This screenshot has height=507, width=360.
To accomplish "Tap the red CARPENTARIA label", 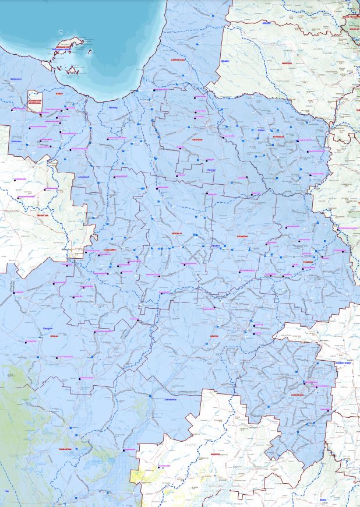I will coord(177,60).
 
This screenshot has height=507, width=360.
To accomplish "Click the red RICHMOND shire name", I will coord(242,236).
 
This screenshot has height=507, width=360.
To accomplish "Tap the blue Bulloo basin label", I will coord(323,499).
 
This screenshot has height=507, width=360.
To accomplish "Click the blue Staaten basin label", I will coord(226,60).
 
